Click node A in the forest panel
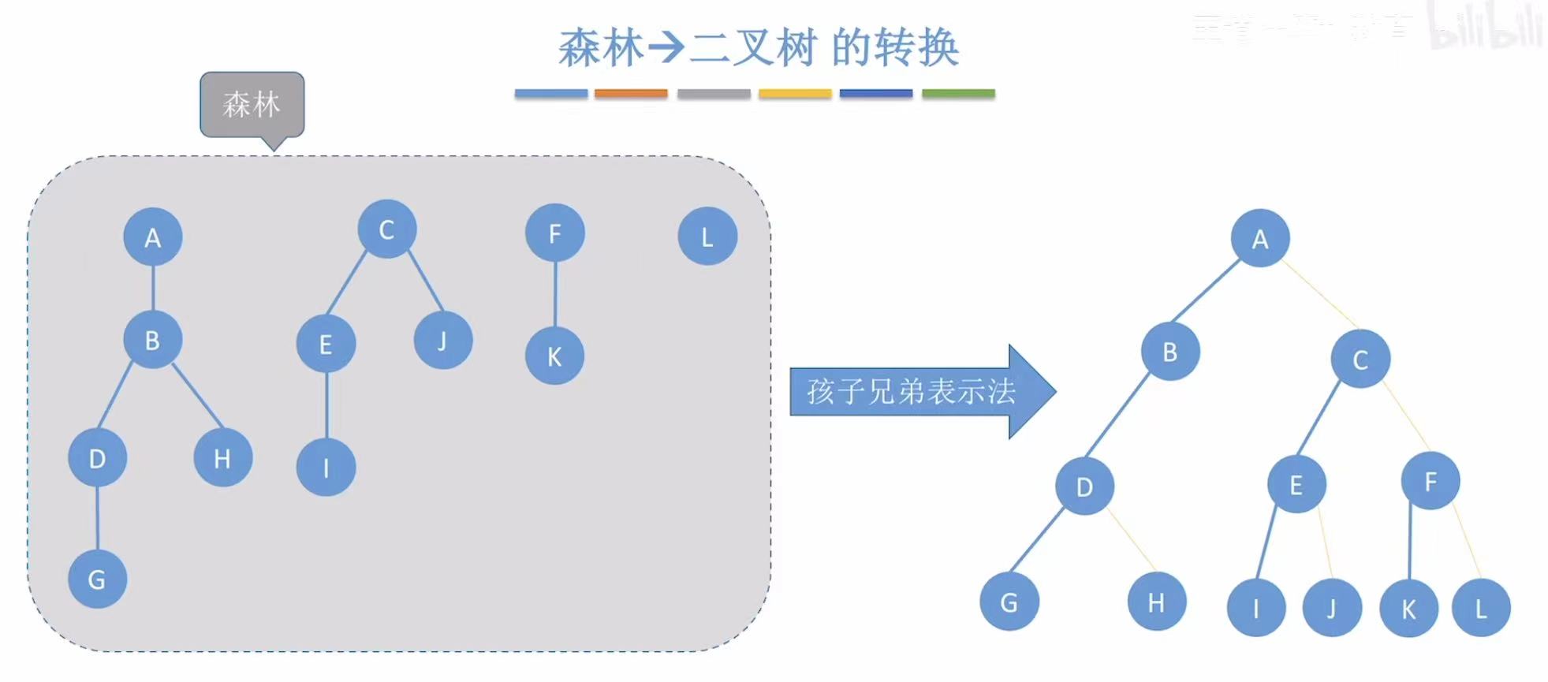point(153,237)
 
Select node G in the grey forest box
point(97,579)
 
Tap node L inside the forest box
point(707,236)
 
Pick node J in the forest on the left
point(442,341)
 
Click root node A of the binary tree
point(1260,238)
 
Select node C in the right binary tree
point(1360,359)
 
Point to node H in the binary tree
point(1156,602)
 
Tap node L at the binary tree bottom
point(1480,608)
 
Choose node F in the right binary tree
point(1431,481)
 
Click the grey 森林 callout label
point(252,105)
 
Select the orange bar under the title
point(631,93)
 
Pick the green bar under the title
point(958,93)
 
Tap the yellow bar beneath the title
point(795,93)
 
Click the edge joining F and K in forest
point(555,294)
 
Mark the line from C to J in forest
point(426,281)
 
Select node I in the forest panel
point(326,468)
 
